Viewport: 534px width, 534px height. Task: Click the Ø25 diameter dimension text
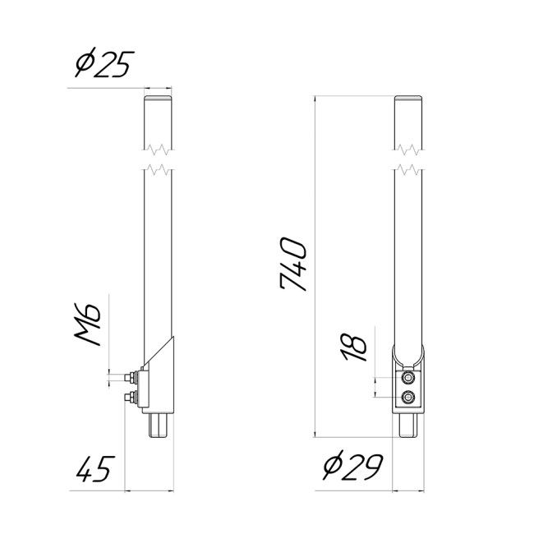pos(102,63)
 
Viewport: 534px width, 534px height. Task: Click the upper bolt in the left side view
pos(132,378)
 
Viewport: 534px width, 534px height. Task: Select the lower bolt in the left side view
pos(131,398)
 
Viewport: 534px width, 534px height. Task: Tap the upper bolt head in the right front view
pos(408,378)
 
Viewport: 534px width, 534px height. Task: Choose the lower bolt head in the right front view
pos(408,398)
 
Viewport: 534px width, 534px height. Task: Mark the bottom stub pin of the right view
pos(408,426)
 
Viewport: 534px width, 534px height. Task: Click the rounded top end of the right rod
pos(408,99)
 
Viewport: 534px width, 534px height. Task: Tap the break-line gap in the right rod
pos(408,159)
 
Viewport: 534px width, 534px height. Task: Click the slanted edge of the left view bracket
pos(159,352)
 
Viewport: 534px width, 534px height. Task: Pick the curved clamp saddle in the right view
pos(408,359)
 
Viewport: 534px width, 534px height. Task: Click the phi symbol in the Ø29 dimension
pos(332,468)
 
